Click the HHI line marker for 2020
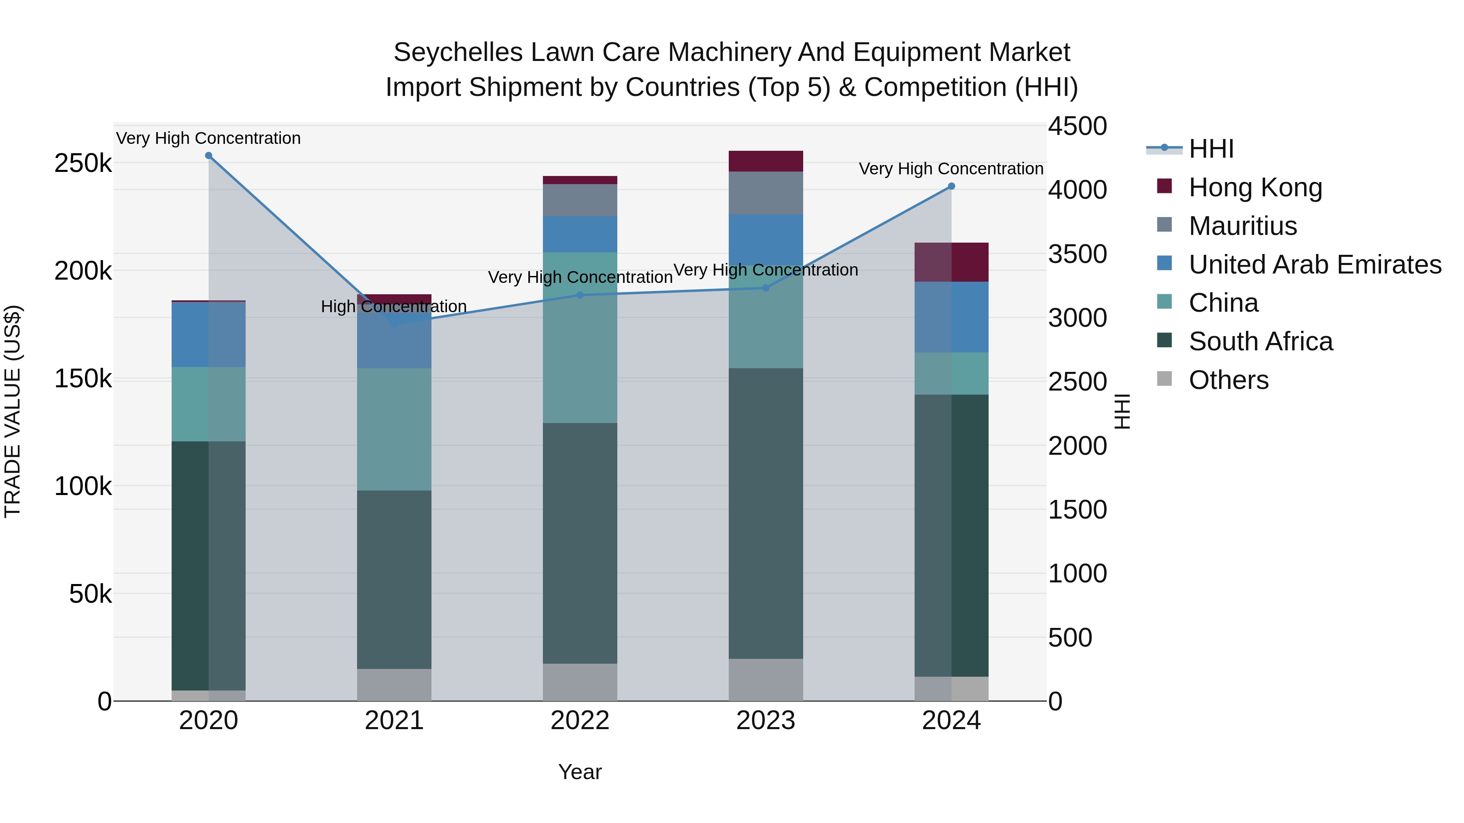pyautogui.click(x=209, y=156)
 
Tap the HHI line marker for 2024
pyautogui.click(x=951, y=186)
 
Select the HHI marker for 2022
pyautogui.click(x=579, y=295)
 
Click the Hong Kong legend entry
pyautogui.click(x=1255, y=187)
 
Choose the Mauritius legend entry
pyautogui.click(x=1242, y=226)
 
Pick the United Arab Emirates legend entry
pyautogui.click(x=1314, y=265)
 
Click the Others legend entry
pyautogui.click(x=1228, y=380)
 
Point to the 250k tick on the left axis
pyautogui.click(x=83, y=163)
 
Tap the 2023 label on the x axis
pyautogui.click(x=765, y=721)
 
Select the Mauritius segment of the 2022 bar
pyautogui.click(x=579, y=200)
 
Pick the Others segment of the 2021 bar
pyautogui.click(x=394, y=684)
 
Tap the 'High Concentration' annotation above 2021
pyautogui.click(x=393, y=307)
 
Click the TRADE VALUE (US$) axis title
pyautogui.click(x=13, y=411)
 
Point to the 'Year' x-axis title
pyautogui.click(x=579, y=772)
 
